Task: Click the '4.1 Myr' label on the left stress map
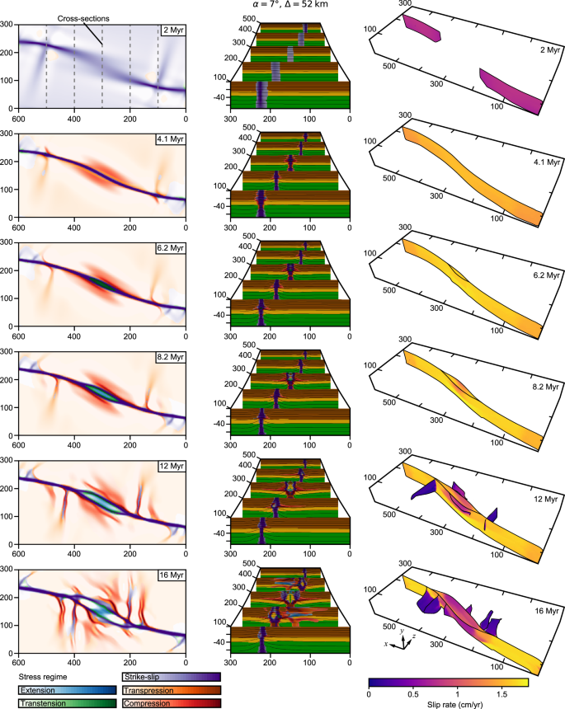click(171, 140)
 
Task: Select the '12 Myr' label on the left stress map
click(171, 467)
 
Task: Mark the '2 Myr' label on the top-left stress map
click(172, 31)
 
